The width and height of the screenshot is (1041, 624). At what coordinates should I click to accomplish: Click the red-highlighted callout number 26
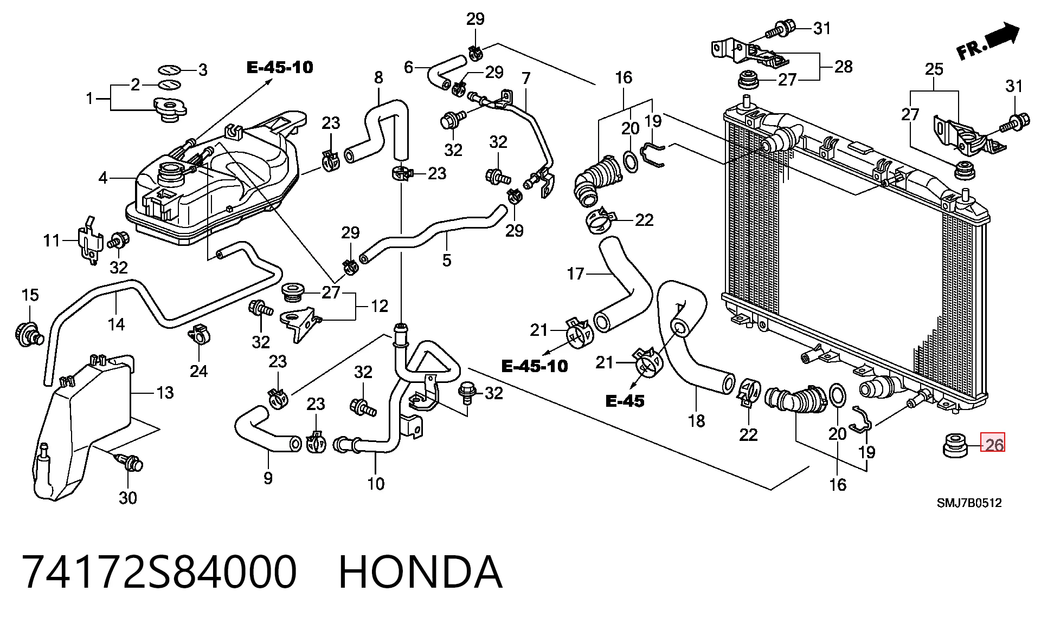[994, 445]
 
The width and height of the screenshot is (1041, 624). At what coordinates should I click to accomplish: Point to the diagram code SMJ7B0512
[969, 503]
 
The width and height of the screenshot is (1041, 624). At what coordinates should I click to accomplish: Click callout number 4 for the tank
[103, 177]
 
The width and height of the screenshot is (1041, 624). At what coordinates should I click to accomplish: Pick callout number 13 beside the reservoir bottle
[165, 393]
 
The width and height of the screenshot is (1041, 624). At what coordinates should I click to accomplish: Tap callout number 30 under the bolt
[128, 497]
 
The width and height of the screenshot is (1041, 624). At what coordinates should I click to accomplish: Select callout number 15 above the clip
[30, 295]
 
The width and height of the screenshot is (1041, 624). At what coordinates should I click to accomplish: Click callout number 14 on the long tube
[116, 324]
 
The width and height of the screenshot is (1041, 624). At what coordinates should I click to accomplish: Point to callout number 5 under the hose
[446, 261]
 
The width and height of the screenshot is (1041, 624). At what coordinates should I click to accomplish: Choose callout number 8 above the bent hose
[378, 77]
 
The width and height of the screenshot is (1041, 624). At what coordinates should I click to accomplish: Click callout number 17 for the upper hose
[575, 274]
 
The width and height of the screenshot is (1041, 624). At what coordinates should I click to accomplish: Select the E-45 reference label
[625, 401]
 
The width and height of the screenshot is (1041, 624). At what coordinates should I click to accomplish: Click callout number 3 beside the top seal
[202, 70]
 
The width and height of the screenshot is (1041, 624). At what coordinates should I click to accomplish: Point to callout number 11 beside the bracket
[52, 240]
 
